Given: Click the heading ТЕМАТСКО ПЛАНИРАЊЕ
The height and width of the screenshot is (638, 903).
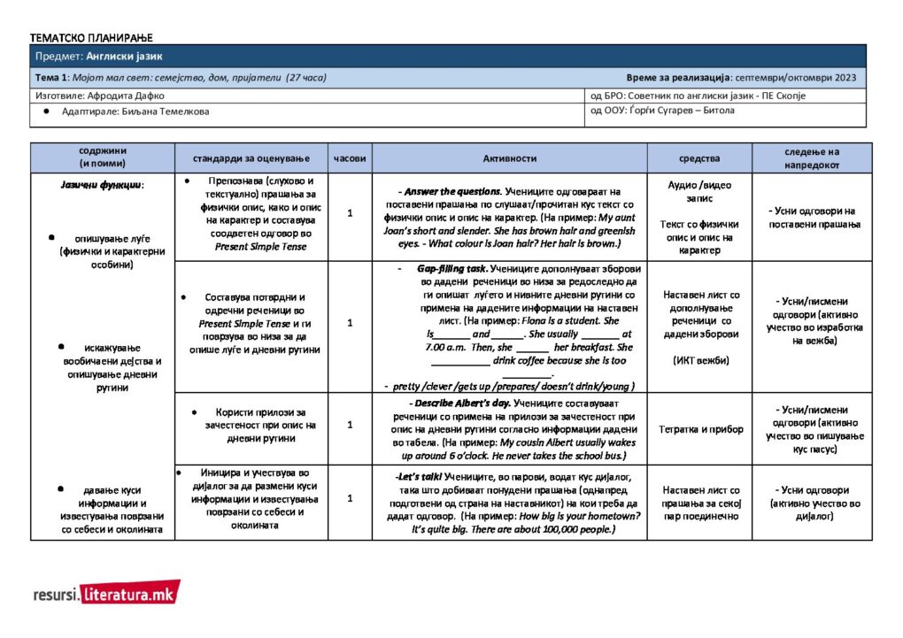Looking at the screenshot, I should (91, 37).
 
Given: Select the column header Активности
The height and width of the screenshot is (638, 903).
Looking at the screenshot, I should (509, 158).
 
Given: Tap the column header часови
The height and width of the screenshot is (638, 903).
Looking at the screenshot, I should (350, 158).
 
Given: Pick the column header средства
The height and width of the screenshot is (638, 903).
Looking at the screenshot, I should (699, 158).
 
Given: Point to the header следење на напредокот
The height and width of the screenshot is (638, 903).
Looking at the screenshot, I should (812, 158).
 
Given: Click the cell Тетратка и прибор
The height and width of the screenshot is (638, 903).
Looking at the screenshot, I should (699, 429).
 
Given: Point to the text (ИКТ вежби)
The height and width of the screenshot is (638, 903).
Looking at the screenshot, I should (699, 359).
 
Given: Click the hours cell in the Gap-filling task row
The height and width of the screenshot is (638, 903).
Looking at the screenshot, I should (350, 323).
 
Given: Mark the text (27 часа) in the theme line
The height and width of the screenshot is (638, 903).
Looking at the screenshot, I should (305, 78).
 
